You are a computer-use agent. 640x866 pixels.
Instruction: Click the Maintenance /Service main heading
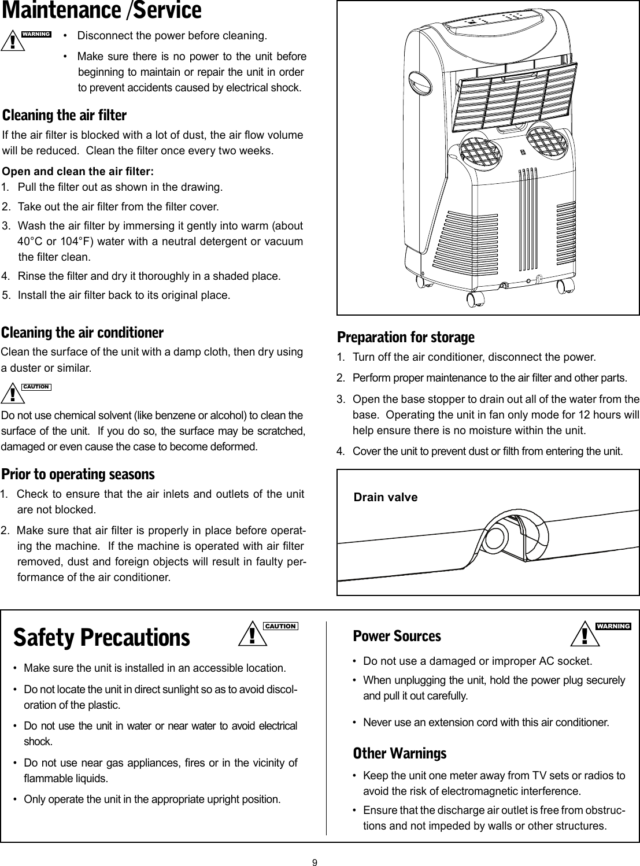click(102, 11)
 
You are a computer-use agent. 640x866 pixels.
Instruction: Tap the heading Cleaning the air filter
click(65, 115)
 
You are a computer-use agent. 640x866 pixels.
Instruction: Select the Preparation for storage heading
click(405, 336)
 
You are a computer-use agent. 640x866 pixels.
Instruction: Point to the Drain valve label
click(385, 497)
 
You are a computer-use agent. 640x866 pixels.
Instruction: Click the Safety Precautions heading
click(102, 637)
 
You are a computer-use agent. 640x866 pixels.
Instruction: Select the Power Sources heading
click(397, 636)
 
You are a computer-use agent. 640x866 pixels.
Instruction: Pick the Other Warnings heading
click(399, 753)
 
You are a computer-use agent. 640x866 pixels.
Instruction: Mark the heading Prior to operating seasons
click(78, 475)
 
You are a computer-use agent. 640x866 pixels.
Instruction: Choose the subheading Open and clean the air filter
click(79, 172)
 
